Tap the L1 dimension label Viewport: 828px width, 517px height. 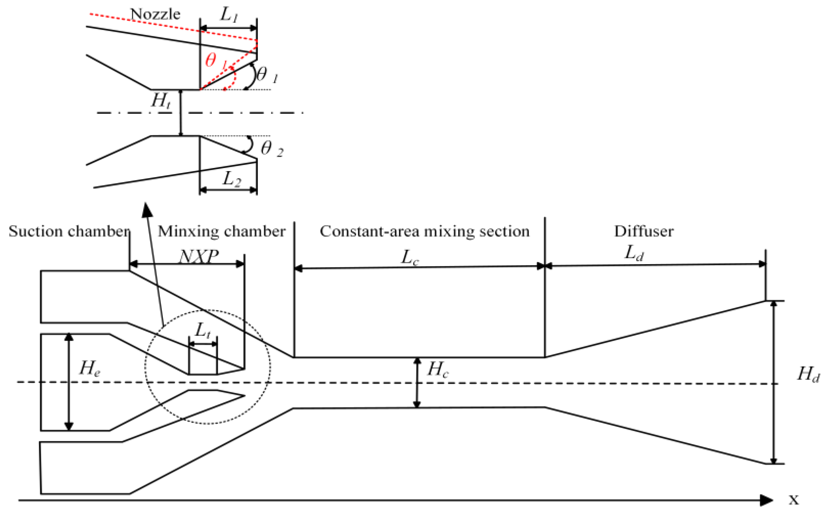[x=229, y=14]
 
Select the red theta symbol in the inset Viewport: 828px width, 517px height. [x=211, y=60]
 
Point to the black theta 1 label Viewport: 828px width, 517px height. [x=266, y=75]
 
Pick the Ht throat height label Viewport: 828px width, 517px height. [x=161, y=101]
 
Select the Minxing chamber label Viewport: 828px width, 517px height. [x=221, y=231]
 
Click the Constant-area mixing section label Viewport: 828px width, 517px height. [x=424, y=231]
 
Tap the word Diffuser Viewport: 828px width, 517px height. [x=644, y=231]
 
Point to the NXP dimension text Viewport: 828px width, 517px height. [x=199, y=256]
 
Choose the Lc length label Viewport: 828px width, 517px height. [x=409, y=257]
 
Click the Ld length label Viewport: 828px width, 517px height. [x=633, y=253]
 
